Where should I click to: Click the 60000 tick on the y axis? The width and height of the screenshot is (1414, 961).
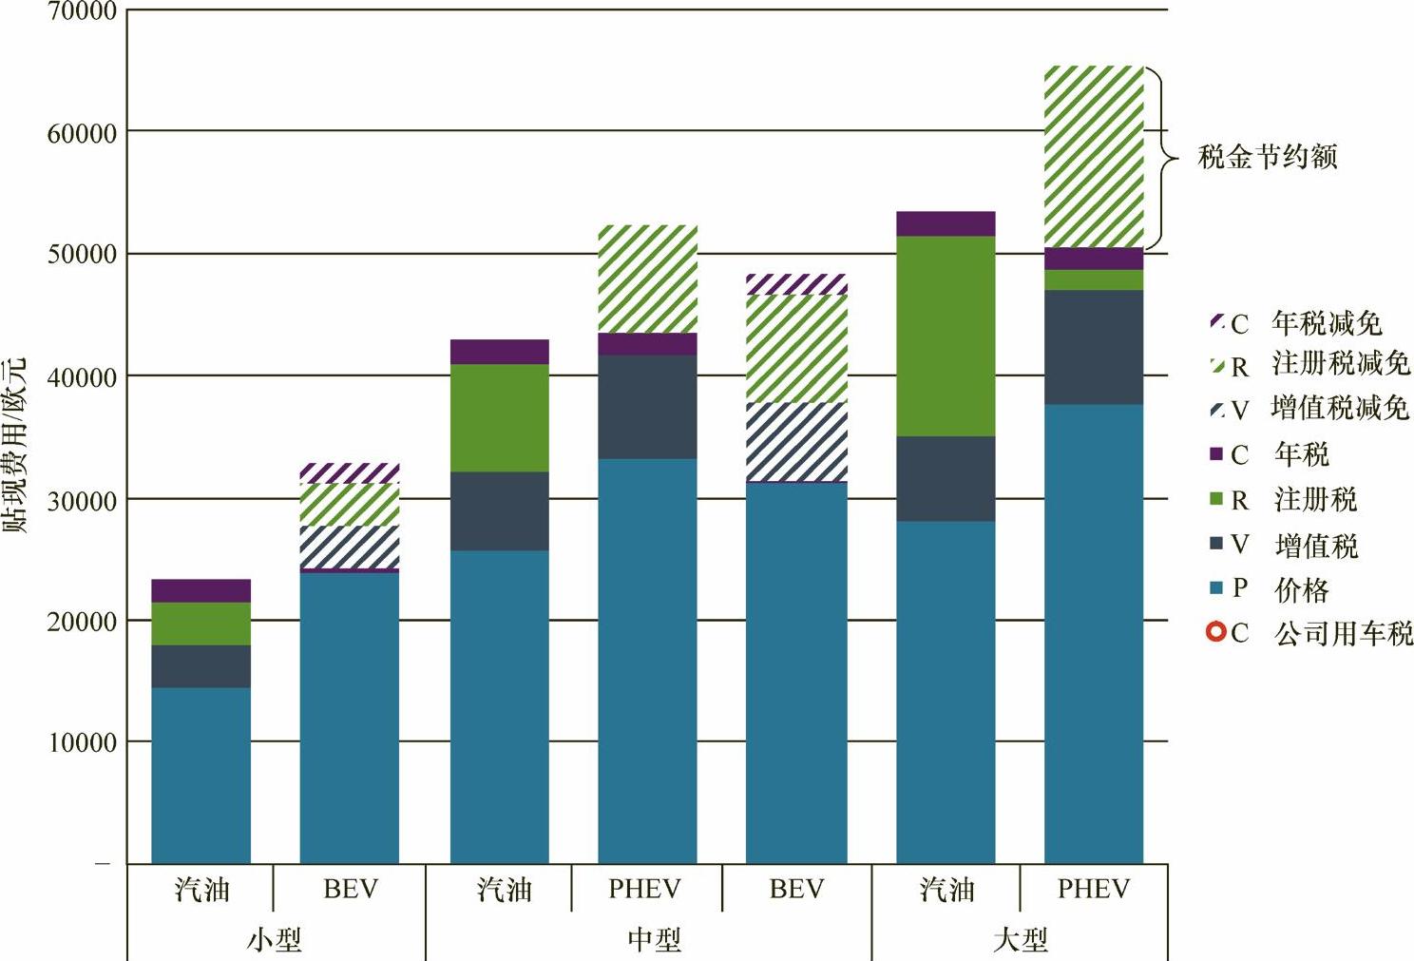(82, 133)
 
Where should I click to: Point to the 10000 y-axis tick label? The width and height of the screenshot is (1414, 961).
(82, 742)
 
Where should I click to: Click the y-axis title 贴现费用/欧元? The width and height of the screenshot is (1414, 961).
(15, 445)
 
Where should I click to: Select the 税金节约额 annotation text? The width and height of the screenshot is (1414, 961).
(1267, 157)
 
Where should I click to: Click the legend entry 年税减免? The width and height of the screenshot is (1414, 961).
(1327, 323)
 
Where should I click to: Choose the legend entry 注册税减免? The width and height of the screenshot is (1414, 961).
(1340, 364)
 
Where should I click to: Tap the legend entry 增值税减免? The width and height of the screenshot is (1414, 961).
(1339, 409)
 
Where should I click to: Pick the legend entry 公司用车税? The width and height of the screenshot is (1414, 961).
(1343, 633)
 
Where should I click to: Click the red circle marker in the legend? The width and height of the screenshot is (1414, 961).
(1215, 631)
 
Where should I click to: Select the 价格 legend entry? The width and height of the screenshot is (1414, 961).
(1301, 590)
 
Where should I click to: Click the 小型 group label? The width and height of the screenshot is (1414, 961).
(275, 940)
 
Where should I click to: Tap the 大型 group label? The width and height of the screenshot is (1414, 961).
(1020, 940)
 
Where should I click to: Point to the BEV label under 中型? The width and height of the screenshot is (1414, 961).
(796, 890)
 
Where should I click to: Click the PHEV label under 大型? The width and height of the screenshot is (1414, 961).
(1094, 890)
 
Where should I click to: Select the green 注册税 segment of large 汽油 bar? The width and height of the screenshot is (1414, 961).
(946, 336)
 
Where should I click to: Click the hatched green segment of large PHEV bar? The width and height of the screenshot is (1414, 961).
(1094, 157)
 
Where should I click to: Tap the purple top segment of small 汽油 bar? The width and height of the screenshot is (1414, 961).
(201, 590)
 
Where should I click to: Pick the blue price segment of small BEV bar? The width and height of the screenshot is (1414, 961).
(349, 718)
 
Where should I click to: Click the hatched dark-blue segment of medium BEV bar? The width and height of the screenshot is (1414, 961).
(796, 442)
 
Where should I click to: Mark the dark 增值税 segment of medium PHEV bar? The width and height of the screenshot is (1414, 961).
(647, 407)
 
